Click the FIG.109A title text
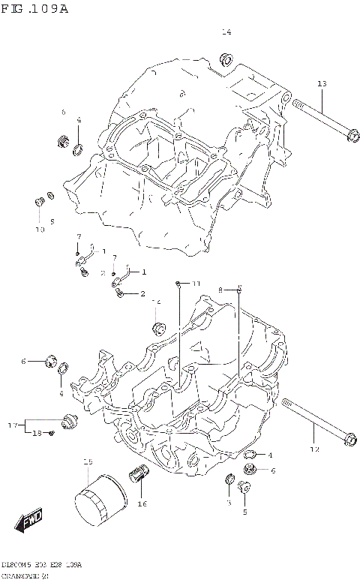tap(35, 9)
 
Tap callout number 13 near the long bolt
tap(322, 83)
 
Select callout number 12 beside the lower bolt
tap(315, 449)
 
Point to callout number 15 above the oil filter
tap(87, 462)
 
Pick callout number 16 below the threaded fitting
tap(142, 503)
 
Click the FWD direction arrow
tap(31, 520)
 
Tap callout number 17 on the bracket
tap(13, 425)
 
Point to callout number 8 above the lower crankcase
tap(220, 289)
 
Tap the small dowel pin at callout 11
tap(178, 284)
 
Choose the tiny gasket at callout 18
tap(51, 433)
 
